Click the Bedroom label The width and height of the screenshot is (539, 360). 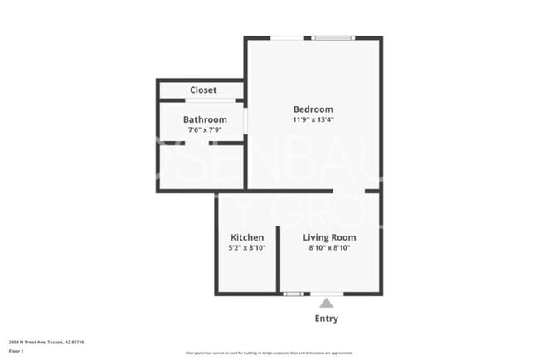[313, 109]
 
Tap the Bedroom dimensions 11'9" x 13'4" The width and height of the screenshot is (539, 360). [313, 120]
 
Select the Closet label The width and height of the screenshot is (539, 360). [203, 90]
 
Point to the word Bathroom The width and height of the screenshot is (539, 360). [205, 119]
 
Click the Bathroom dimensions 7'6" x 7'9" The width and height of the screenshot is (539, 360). [205, 130]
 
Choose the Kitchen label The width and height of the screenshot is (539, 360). [247, 237]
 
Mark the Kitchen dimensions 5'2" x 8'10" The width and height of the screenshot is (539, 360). [247, 248]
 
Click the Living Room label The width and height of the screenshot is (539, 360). [329, 237]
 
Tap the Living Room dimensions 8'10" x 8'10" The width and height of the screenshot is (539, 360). [329, 248]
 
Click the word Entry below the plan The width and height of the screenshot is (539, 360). [326, 319]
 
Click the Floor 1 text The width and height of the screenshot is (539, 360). [17, 352]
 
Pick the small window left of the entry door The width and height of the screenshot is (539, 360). [293, 294]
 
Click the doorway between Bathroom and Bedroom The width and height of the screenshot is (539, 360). [245, 119]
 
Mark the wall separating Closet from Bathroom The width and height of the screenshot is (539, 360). [200, 100]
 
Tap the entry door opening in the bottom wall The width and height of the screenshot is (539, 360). [326, 294]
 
